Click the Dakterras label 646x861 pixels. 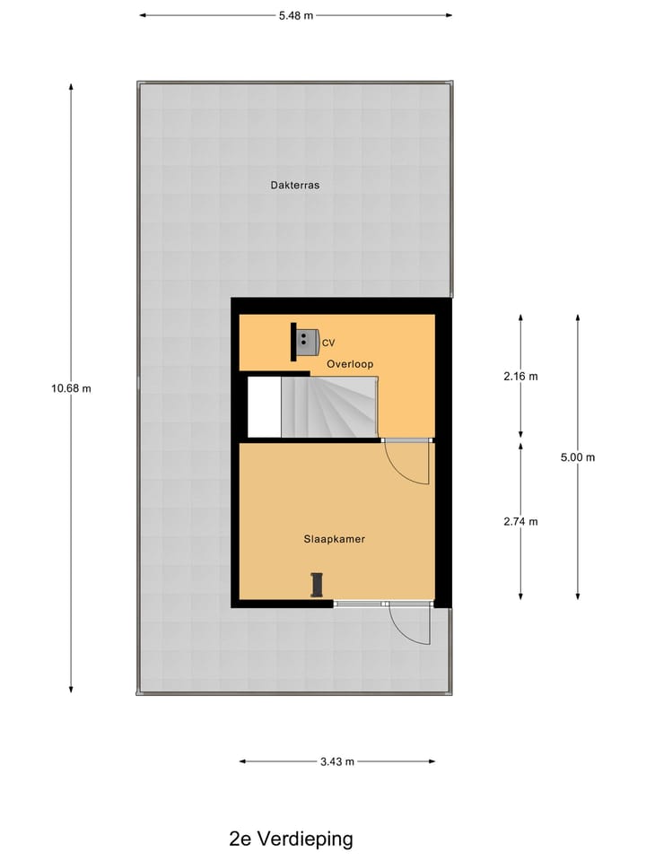click(295, 186)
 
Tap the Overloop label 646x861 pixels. click(350, 363)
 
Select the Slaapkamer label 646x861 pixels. click(334, 539)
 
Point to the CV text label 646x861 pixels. click(328, 343)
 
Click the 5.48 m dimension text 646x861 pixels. click(295, 15)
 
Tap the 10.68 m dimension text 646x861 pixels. click(72, 388)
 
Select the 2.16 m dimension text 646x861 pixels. click(521, 377)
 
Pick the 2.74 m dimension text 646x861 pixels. click(521, 521)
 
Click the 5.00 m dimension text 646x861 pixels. click(578, 457)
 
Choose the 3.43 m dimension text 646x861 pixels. click(337, 761)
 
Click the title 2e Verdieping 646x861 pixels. click(292, 839)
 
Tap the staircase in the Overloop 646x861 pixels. click(328, 406)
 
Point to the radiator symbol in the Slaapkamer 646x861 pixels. click(316, 584)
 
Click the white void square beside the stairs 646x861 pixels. click(264, 406)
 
